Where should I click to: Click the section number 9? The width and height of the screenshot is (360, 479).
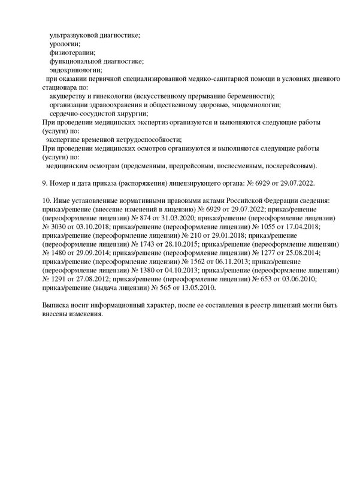pyautogui.click(x=36, y=182)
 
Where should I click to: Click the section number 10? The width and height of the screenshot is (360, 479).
pyautogui.click(x=38, y=199)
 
